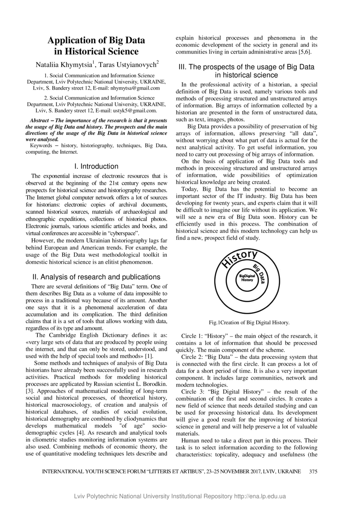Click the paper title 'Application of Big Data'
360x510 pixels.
pyautogui.click(x=96, y=40)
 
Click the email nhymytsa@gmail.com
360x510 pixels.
pyautogui.click(x=137, y=88)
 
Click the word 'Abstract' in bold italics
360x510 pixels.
pyautogui.click(x=39, y=121)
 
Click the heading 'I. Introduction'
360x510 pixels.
pyautogui.click(x=97, y=167)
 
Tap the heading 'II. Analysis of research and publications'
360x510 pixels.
pyautogui.click(x=96, y=277)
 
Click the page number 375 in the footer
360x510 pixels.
pyautogui.click(x=313, y=471)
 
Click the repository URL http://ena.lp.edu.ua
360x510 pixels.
pyautogui.click(x=260, y=496)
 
